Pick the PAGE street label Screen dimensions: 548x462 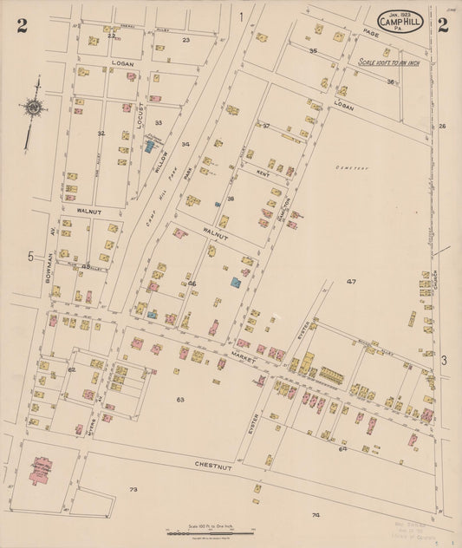click(372, 32)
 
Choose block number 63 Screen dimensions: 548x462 click(179, 400)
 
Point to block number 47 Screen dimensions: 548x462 click(351, 282)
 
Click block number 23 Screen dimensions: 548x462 click(185, 40)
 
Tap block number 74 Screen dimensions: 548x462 click(316, 515)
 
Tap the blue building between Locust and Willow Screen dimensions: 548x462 click(149, 147)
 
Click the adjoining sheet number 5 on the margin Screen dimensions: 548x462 click(29, 257)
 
